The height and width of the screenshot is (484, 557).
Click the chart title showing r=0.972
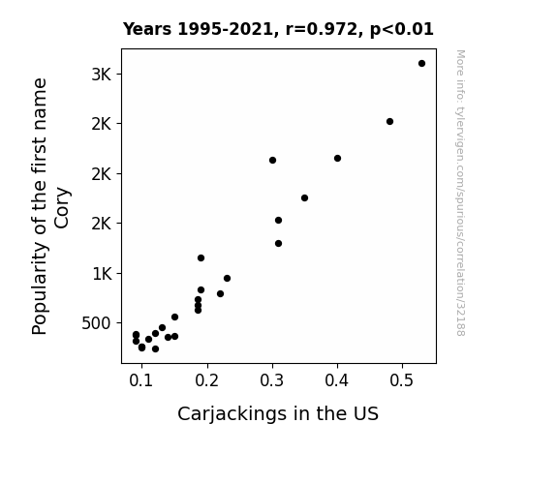click(278, 29)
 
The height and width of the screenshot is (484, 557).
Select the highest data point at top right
click(421, 64)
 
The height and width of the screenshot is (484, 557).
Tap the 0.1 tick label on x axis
click(141, 380)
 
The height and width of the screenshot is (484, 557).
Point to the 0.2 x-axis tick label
click(206, 380)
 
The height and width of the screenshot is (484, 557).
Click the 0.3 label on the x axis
click(272, 380)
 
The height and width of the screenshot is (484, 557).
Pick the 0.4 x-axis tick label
click(337, 380)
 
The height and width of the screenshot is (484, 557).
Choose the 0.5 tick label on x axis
click(402, 380)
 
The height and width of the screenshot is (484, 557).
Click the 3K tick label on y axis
click(102, 75)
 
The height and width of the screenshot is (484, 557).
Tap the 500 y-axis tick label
click(96, 323)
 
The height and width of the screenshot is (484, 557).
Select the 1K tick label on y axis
click(102, 274)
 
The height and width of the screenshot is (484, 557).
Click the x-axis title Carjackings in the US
click(278, 414)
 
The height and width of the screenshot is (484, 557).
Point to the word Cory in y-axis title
click(62, 208)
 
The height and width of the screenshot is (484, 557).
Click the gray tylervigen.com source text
click(460, 193)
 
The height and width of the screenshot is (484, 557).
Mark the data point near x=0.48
click(389, 121)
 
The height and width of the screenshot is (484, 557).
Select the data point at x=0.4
click(337, 158)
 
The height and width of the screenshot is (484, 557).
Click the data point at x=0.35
click(304, 197)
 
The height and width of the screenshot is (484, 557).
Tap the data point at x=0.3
click(272, 160)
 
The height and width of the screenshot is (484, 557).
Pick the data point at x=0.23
click(227, 278)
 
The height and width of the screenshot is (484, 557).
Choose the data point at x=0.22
click(220, 293)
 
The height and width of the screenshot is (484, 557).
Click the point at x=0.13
click(162, 327)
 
